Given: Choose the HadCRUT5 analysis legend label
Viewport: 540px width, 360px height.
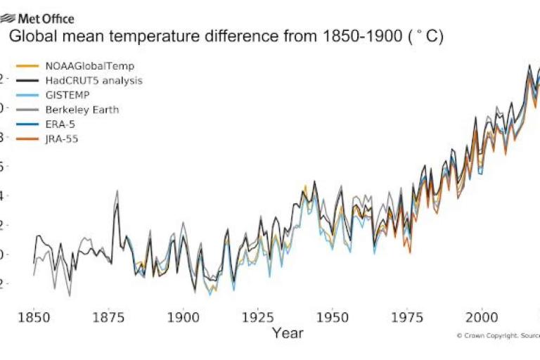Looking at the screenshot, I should point(94,81).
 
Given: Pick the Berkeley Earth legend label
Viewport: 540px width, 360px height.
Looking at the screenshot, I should point(82,110).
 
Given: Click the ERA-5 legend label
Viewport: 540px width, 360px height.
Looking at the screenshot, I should point(61,124).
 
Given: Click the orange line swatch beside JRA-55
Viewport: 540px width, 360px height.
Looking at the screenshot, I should point(26,139).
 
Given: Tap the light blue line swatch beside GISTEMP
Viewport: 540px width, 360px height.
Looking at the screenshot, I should point(26,96).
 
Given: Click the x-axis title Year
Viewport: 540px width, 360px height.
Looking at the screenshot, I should point(288,333).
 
